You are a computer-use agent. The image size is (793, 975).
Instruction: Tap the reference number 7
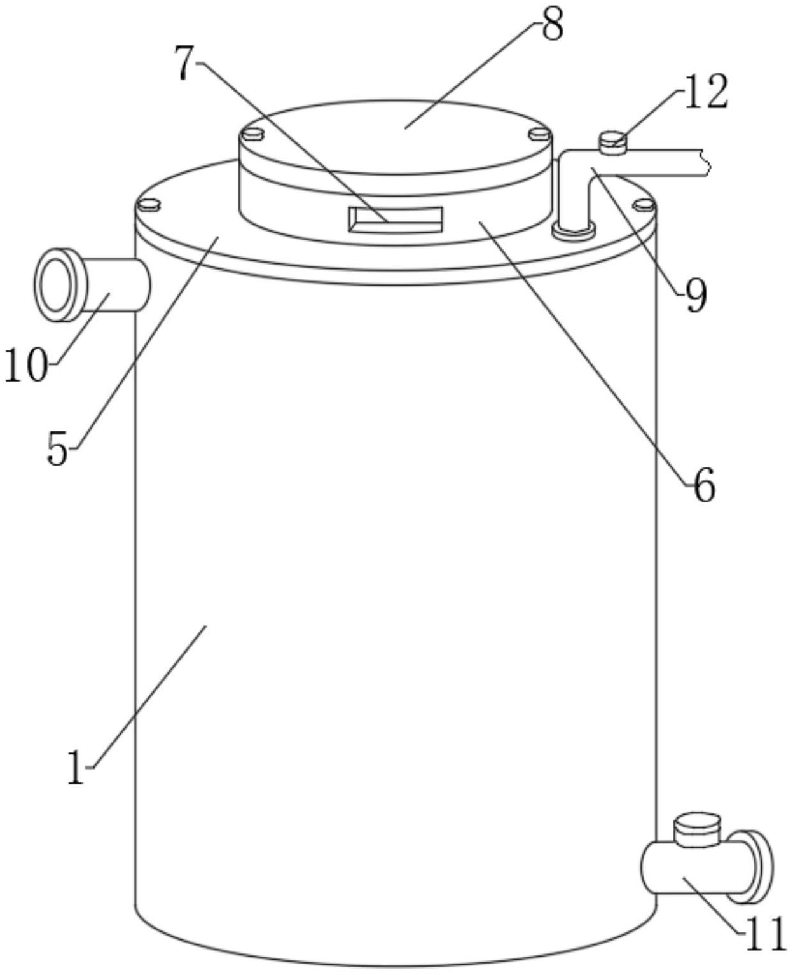[x=185, y=64]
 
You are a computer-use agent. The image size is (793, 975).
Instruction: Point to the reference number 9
[x=696, y=296]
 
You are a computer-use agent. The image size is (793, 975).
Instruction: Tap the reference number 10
[x=26, y=364]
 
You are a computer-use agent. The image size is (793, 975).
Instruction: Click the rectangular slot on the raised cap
[x=396, y=219]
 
